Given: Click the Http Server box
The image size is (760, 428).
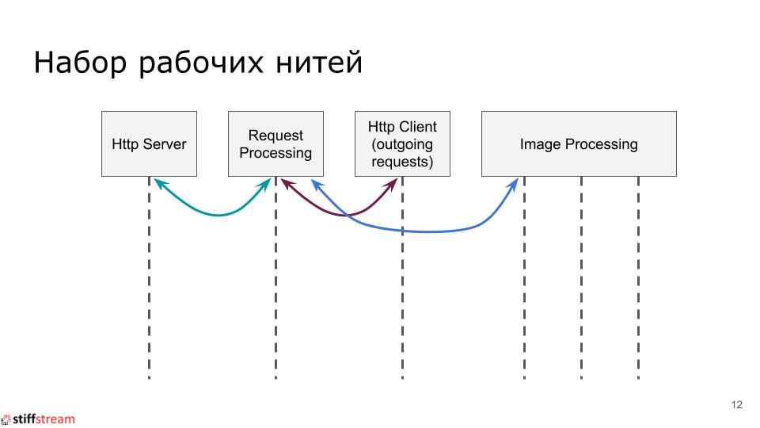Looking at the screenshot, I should click(x=149, y=143).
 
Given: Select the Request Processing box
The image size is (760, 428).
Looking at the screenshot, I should click(x=275, y=143).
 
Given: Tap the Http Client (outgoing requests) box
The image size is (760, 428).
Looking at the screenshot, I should click(x=402, y=143).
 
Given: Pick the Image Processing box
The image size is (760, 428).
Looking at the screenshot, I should click(x=579, y=143).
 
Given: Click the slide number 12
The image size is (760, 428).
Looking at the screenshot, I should click(x=736, y=405).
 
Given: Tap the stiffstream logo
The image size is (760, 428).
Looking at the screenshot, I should click(x=40, y=418).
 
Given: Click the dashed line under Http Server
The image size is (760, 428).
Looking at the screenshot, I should click(x=149, y=301).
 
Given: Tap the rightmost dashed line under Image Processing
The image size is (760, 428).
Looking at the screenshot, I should click(x=638, y=301).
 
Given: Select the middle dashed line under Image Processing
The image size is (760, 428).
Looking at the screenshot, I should click(x=581, y=301).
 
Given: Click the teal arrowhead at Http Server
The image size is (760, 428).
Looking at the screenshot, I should click(x=158, y=183).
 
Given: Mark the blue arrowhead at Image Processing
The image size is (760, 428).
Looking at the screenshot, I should click(x=515, y=184).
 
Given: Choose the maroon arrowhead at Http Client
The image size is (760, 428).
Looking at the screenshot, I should click(x=392, y=184).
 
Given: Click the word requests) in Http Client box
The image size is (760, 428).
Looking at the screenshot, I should click(x=402, y=162).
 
